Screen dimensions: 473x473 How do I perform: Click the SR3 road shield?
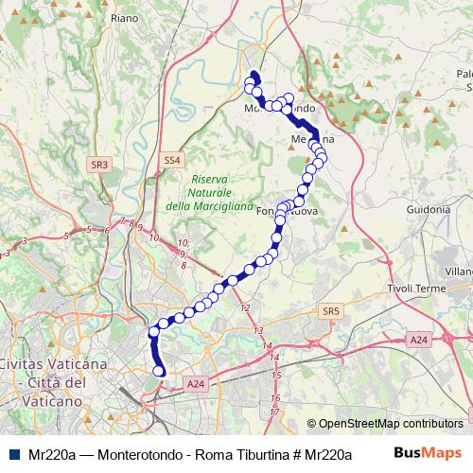99,164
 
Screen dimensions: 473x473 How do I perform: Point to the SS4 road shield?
170,161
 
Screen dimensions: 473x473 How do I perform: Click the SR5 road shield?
329,310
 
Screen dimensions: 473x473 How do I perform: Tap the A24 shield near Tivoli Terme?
419,339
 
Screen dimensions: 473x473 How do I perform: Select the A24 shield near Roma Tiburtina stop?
195,383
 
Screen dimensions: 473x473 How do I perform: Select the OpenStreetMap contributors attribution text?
391,424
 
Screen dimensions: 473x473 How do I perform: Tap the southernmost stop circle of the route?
160,372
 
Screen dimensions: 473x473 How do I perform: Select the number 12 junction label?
246,308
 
